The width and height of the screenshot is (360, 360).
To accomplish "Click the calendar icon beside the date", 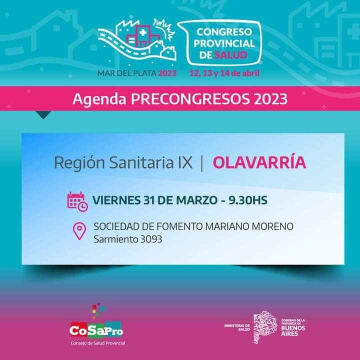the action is [x=77, y=201].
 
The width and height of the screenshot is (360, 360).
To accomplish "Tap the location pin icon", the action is [x=79, y=231].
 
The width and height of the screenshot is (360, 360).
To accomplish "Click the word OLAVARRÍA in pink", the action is [x=259, y=162].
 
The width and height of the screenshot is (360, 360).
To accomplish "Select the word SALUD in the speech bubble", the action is [x=230, y=55].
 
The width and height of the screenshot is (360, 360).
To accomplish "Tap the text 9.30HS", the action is [x=248, y=200].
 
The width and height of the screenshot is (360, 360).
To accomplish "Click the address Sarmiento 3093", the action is [x=128, y=239].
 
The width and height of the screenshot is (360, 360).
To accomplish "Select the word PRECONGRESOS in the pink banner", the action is [x=190, y=99].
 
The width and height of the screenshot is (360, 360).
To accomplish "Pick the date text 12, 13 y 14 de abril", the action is [x=224, y=73].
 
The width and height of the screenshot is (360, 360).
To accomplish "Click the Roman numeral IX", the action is [x=185, y=162].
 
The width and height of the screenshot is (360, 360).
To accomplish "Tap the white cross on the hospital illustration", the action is [x=143, y=32].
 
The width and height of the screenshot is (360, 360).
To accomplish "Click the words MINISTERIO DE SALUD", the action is [x=237, y=327].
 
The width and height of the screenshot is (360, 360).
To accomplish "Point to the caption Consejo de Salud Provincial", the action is [x=98, y=343].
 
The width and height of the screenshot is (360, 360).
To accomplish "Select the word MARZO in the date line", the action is [x=196, y=200].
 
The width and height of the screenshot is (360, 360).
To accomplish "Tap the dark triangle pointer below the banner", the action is [x=43, y=115].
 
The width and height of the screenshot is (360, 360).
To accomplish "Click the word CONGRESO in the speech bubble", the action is [x=224, y=32].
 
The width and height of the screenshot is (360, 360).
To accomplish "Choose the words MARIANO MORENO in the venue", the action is [x=249, y=226].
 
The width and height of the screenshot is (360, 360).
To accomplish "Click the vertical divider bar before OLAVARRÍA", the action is [x=202, y=162].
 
